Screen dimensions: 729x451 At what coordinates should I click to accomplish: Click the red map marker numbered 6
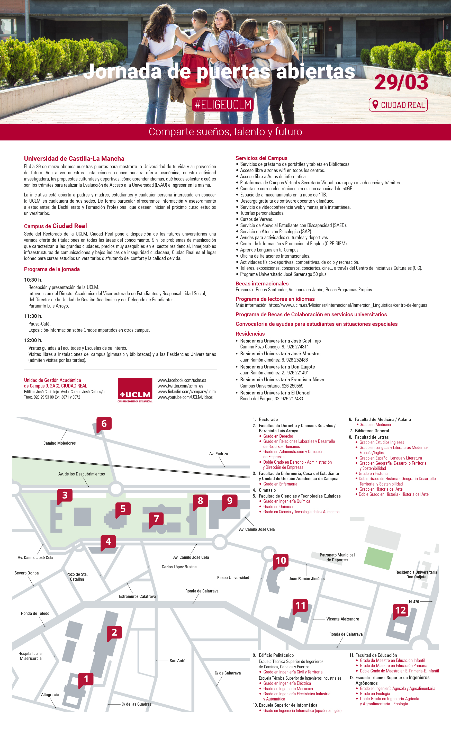[x=104, y=423]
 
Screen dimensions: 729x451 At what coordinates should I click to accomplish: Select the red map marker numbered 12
[x=401, y=610]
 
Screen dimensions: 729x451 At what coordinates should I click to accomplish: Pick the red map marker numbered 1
[x=86, y=679]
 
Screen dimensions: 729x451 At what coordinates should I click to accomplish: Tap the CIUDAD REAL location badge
[x=398, y=105]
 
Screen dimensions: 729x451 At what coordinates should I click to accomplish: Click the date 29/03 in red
[x=401, y=82]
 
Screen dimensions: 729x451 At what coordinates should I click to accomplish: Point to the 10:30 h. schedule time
[x=33, y=280]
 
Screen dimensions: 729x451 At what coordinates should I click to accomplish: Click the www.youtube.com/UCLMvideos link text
[x=185, y=397]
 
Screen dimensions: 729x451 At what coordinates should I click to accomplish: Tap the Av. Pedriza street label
[x=218, y=454]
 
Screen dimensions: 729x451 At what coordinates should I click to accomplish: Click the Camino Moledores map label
[x=59, y=443]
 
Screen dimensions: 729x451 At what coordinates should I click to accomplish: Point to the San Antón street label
[x=178, y=661]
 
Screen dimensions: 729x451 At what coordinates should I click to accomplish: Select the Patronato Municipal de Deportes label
[x=337, y=557]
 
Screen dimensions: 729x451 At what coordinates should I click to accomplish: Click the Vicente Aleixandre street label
[x=342, y=619]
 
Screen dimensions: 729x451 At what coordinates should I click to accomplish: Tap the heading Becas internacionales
[x=262, y=284]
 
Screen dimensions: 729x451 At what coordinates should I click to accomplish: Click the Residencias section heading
[x=250, y=334]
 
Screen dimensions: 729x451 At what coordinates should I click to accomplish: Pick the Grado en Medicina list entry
[x=375, y=425]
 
